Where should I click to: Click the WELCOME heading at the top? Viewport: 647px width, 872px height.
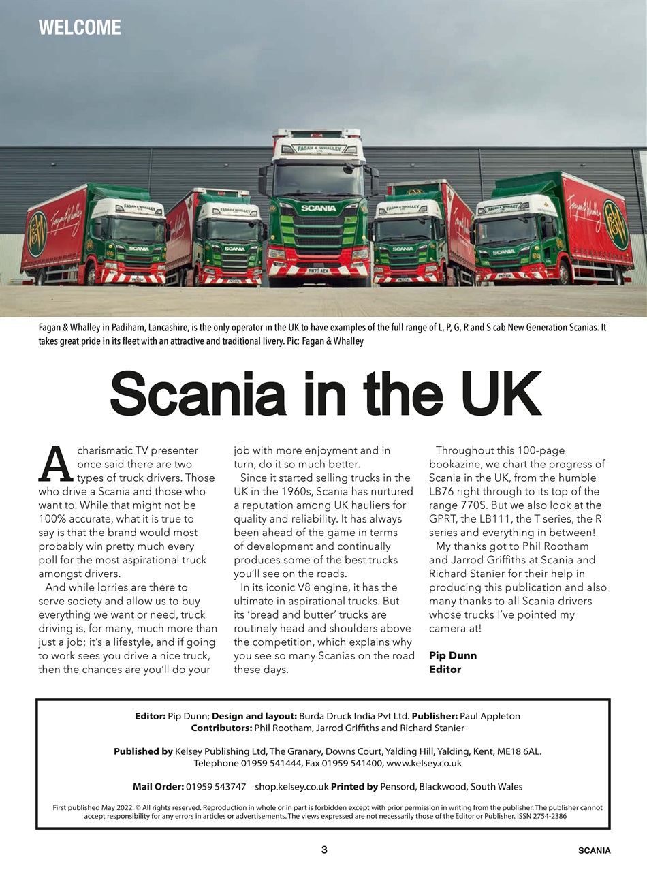pos(80,27)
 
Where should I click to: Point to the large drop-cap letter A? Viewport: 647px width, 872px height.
pos(56,465)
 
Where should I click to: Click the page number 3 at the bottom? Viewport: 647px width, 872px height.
pos(324,850)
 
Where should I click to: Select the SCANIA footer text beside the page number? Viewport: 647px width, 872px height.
pos(594,850)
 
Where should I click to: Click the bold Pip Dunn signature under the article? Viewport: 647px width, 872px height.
pos(453,655)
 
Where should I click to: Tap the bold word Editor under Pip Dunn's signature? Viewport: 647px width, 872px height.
pos(445,669)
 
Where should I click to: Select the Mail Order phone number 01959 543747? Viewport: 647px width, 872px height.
pos(216,786)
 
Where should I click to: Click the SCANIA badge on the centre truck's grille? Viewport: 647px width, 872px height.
pos(319,208)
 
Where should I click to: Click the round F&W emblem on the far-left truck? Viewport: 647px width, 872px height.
pos(37,234)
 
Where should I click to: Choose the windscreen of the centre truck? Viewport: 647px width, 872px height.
pos(318,178)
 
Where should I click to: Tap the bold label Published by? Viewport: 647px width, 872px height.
pos(143,751)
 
